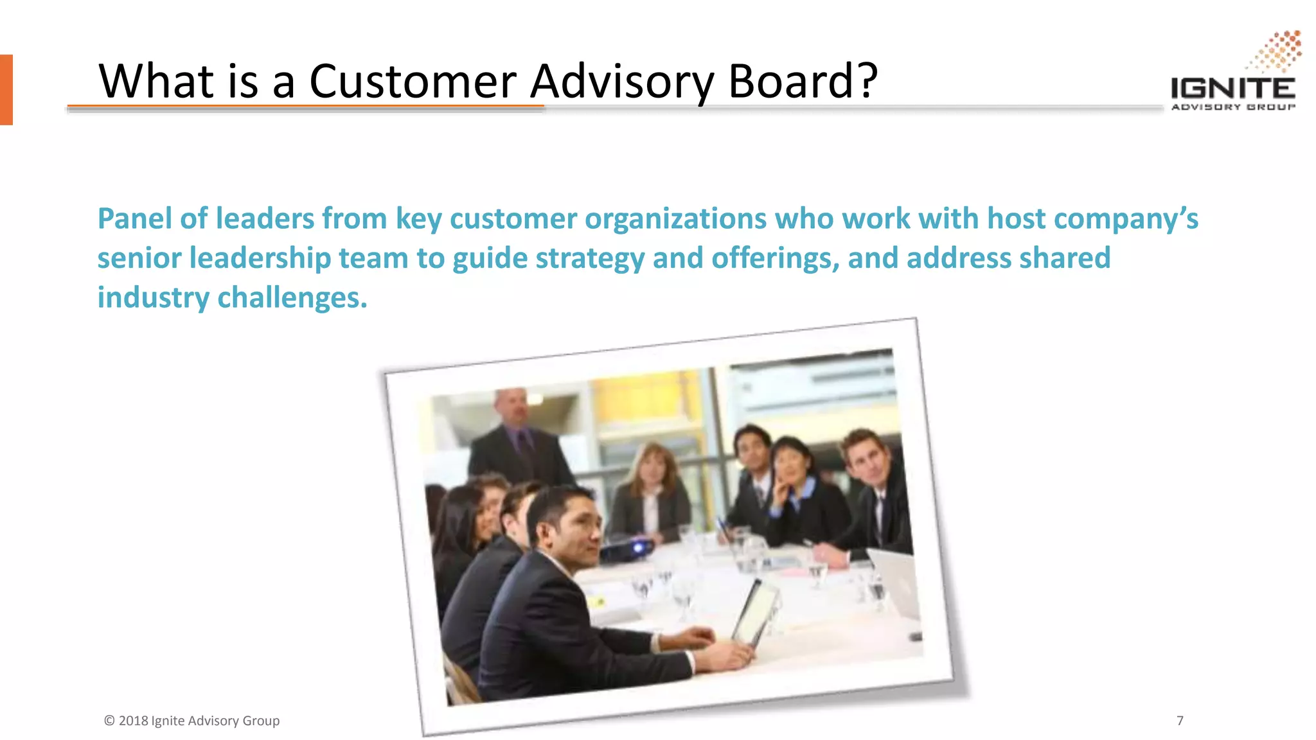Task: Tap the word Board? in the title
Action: click(x=803, y=82)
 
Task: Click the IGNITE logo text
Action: click(x=1232, y=88)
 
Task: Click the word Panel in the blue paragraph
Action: click(x=134, y=218)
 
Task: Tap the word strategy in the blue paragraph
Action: click(x=590, y=259)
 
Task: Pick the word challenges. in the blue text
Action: click(x=292, y=298)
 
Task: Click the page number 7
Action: click(x=1180, y=721)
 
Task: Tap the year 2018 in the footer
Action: click(x=134, y=721)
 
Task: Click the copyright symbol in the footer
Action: click(x=109, y=721)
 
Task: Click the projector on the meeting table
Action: click(x=627, y=550)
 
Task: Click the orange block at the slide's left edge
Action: click(x=6, y=89)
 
